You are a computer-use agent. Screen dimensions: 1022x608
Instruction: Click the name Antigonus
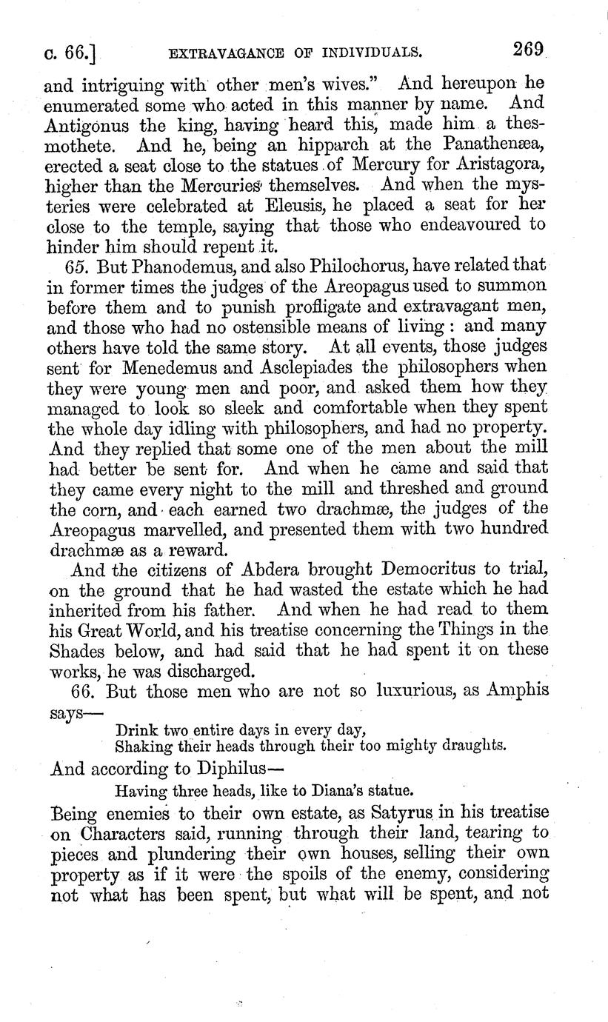[x=90, y=127]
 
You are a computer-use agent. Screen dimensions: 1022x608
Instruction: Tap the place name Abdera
[x=254, y=569]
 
